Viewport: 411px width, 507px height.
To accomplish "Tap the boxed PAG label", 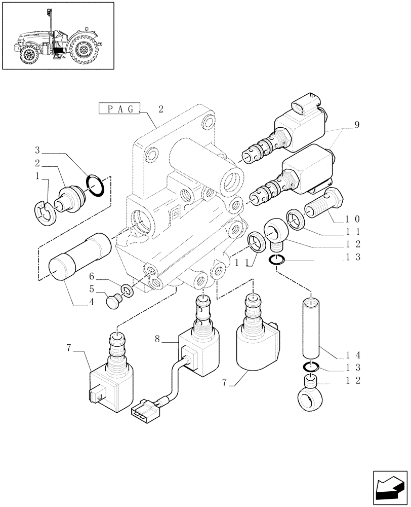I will point(120,109).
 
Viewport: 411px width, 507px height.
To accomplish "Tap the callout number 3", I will point(37,150).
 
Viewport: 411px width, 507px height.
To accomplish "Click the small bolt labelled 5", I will point(112,301).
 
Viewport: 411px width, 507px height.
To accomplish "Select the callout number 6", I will point(92,276).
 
